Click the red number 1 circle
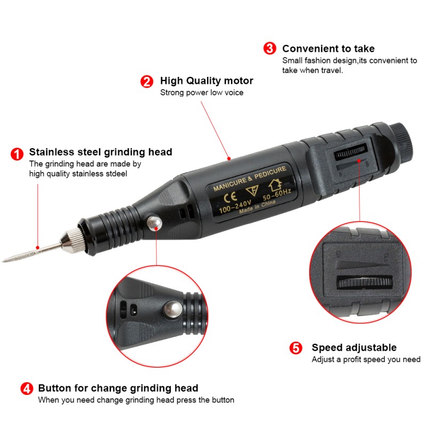click(x=17, y=154)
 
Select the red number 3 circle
click(x=270, y=49)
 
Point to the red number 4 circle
click(x=26, y=388)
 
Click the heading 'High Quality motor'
click(x=207, y=81)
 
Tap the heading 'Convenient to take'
click(x=328, y=49)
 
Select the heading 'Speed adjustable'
click(x=354, y=348)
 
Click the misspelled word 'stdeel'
click(x=116, y=173)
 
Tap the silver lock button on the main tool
click(x=154, y=223)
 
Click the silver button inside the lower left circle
click(x=172, y=308)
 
